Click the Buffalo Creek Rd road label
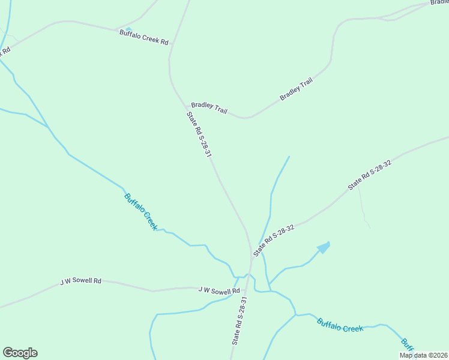144,37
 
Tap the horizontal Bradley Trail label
209,107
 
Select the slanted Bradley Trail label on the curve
297,89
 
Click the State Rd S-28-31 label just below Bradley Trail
199,135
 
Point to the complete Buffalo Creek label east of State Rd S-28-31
340,325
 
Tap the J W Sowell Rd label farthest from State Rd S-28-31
81,281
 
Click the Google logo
20,353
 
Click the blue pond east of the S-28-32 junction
324,247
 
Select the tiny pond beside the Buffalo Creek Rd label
128,28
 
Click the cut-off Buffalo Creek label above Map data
408,344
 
